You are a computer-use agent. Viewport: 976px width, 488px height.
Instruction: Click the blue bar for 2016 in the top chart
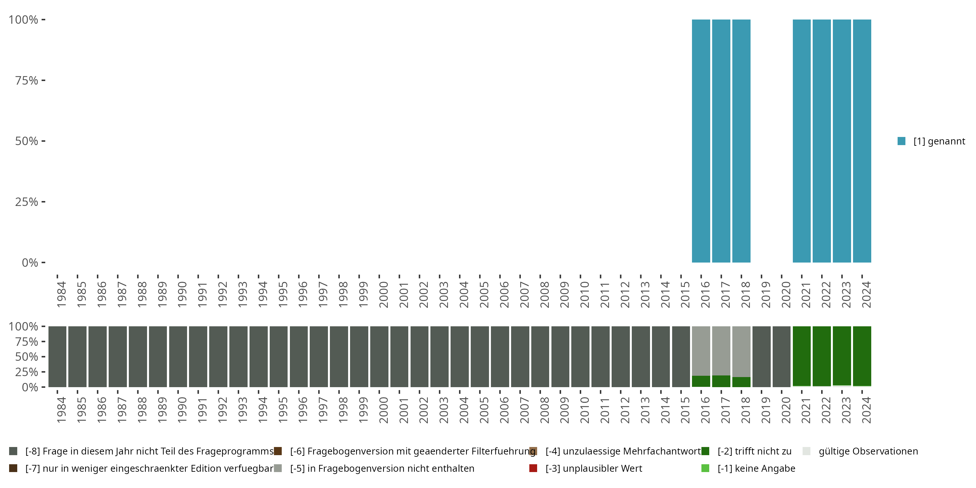click(701, 141)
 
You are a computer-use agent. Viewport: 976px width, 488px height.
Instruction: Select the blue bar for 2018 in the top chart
click(741, 141)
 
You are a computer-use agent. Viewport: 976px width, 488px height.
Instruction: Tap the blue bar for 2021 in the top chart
click(802, 141)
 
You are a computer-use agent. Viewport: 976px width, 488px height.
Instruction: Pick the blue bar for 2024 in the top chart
click(862, 141)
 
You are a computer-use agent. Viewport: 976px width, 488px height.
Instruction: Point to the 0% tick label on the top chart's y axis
click(30, 263)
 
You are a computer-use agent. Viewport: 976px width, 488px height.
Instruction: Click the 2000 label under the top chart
click(384, 295)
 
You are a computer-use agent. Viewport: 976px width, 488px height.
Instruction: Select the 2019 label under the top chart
click(766, 295)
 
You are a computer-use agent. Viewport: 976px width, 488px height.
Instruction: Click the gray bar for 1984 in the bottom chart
click(57, 357)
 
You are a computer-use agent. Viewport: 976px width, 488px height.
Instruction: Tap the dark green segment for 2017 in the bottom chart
click(721, 381)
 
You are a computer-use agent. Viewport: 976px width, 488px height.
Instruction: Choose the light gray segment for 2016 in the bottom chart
click(701, 350)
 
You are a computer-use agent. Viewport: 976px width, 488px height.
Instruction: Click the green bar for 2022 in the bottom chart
click(822, 356)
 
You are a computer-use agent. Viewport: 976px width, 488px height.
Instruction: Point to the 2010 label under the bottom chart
click(585, 410)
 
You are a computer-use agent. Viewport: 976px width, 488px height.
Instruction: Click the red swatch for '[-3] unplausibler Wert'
click(534, 468)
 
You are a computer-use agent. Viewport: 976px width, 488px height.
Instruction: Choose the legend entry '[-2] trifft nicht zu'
click(754, 451)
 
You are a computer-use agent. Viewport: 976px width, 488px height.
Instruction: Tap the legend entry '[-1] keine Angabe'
click(756, 468)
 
